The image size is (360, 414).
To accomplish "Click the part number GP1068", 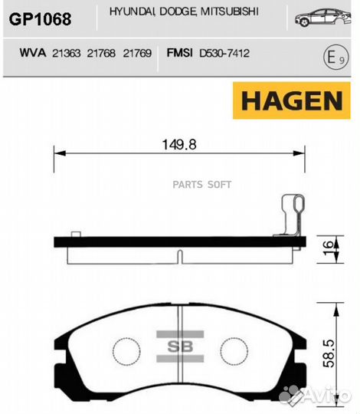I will [x=40, y=18].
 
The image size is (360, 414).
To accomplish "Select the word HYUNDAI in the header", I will [x=131, y=13].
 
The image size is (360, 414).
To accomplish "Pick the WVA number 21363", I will [x=66, y=54].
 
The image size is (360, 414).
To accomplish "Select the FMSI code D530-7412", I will [x=224, y=54].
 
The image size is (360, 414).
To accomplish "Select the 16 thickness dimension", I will [x=329, y=248].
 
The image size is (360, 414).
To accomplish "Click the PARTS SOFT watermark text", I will [x=201, y=184].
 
